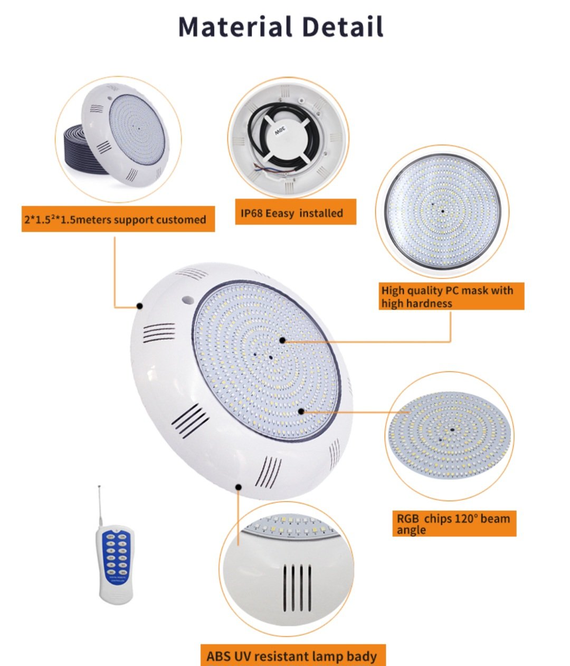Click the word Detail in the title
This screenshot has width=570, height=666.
tap(343, 26)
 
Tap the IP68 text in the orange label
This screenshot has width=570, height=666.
tap(251, 213)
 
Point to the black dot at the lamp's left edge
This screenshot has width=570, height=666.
tap(139, 306)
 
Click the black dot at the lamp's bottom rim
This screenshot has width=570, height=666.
tap(239, 487)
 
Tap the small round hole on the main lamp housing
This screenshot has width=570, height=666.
tap(188, 299)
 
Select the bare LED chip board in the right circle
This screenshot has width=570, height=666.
tap(449, 436)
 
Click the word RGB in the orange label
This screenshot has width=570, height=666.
tap(407, 519)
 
